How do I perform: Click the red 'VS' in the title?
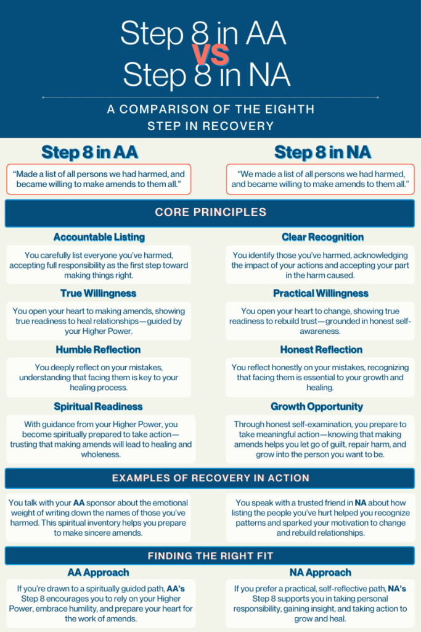211,55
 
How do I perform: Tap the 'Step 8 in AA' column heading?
89,152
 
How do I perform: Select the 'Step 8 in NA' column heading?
322,152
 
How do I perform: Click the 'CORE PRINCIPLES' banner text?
210,212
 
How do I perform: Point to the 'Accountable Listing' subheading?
99,237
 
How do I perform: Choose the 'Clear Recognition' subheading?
322,237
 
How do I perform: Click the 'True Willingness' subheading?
99,293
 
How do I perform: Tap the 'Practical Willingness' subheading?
321,293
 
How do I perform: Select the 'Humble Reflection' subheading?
99,349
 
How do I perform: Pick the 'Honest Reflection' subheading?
322,349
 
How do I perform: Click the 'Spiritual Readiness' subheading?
99,406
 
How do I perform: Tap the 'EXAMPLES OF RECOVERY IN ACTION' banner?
210,478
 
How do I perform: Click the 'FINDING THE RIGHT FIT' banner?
210,556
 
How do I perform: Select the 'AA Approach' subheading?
99,572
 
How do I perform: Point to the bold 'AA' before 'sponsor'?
79,503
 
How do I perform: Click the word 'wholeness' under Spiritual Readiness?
99,454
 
